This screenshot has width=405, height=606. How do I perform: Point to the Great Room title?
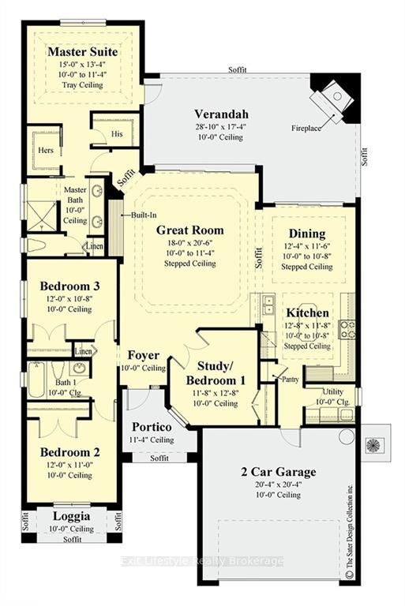click(x=189, y=230)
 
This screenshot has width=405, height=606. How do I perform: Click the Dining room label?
click(x=307, y=234)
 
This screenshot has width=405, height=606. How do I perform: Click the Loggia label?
click(x=71, y=516)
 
